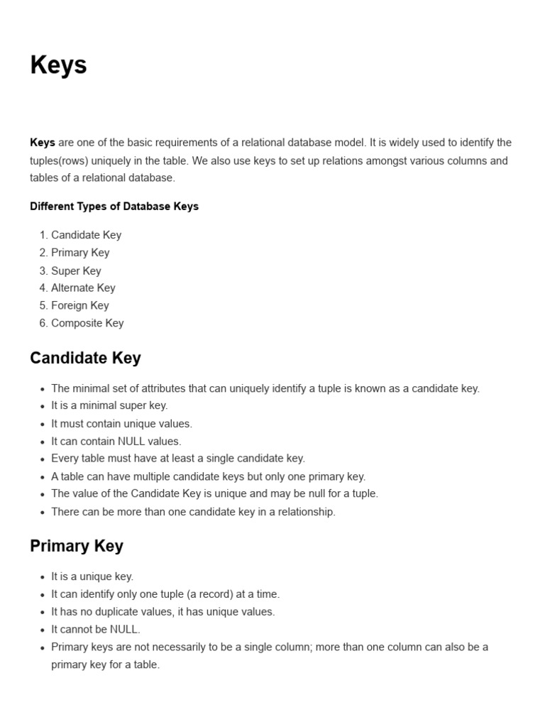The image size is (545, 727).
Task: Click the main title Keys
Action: coord(58,65)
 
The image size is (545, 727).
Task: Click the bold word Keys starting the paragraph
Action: coord(43,143)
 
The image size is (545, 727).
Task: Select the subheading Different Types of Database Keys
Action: coord(114,207)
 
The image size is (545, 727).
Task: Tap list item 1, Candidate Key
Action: coord(86,235)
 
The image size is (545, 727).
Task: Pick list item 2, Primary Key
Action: coord(80,253)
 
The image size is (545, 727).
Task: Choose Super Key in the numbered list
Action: coord(76,270)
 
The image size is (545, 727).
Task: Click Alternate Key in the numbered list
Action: coord(83,288)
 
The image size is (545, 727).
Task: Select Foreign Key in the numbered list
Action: coord(79,305)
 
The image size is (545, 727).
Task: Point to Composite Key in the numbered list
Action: coord(87,323)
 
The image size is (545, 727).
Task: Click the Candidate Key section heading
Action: coord(85,358)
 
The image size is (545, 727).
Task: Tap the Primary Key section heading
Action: coord(77,546)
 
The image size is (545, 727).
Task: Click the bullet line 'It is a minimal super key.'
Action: coord(109,406)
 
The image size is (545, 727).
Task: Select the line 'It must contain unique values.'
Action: coord(121,424)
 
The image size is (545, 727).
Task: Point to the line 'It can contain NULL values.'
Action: coord(116,441)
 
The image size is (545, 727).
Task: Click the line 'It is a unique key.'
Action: coord(92,576)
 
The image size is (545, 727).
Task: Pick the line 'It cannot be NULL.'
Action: coord(96,629)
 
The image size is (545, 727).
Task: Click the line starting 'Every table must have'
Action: coord(178,459)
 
